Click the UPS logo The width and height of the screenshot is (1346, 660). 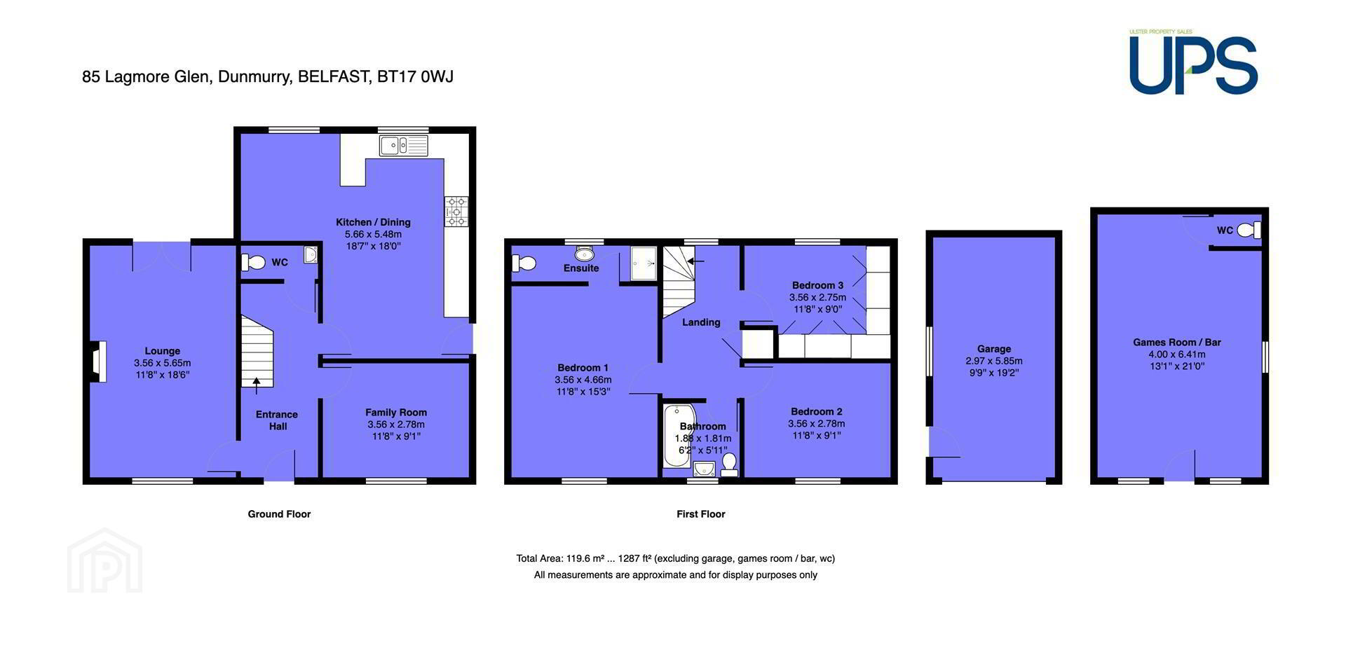click(x=1193, y=63)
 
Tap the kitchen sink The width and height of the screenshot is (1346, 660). click(x=404, y=146)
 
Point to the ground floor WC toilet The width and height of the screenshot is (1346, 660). click(x=253, y=263)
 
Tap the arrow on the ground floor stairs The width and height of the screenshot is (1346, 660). click(x=257, y=382)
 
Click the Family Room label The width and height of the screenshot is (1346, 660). click(x=396, y=413)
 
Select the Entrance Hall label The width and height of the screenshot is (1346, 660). click(x=277, y=420)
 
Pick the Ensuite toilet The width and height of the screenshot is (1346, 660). click(x=524, y=263)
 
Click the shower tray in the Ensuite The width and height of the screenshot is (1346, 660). click(x=644, y=263)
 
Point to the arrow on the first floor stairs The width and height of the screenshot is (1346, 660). click(x=695, y=261)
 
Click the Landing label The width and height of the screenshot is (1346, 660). click(x=701, y=322)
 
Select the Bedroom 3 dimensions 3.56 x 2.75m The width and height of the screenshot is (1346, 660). click(x=817, y=297)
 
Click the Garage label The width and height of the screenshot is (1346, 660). click(x=994, y=349)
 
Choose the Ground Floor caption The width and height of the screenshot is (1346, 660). click(x=279, y=514)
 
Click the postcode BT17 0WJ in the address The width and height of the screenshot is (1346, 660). click(x=415, y=76)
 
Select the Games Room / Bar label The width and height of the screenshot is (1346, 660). click(x=1177, y=343)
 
